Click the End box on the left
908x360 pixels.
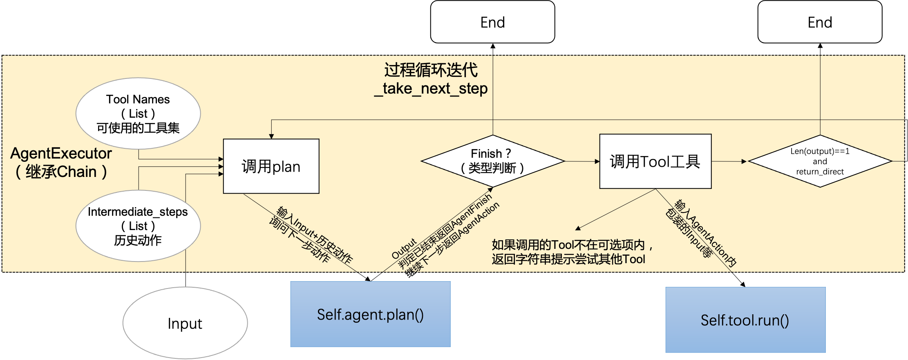492,22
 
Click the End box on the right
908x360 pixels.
820,22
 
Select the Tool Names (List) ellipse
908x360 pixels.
138,113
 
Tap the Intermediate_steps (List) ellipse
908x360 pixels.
138,226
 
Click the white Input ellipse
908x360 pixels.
185,323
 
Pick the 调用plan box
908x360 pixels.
271,166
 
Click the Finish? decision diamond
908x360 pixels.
492,161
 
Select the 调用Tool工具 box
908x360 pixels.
655,161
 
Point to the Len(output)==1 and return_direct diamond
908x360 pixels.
820,161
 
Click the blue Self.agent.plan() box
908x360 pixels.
370,314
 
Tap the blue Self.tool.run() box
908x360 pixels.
745,320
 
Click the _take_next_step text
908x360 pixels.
431,89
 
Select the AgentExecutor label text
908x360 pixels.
61,154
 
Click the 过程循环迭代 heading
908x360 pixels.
431,70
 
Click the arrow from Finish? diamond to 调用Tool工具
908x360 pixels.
582,161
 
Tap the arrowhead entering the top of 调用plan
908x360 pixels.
271,136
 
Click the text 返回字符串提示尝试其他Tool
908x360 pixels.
568,259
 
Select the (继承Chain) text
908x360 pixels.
61,172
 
